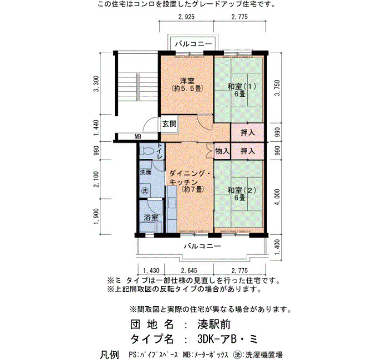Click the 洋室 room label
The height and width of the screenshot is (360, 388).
187,81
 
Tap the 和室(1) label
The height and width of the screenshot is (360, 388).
242,86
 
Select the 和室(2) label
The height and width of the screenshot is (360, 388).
242,191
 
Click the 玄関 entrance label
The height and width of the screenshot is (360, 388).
169,124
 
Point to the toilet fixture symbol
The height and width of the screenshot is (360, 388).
147,151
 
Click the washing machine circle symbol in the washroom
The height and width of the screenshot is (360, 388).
145,191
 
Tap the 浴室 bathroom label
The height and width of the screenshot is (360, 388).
151,217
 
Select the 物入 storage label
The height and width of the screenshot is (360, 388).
222,151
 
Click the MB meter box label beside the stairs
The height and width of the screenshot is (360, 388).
137,136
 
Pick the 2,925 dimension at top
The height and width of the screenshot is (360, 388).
186,17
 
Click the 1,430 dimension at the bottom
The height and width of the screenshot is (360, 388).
151,270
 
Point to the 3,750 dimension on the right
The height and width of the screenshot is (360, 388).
277,88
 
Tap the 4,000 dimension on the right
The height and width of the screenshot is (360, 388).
277,197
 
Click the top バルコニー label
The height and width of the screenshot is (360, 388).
194,44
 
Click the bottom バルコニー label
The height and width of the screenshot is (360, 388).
202,246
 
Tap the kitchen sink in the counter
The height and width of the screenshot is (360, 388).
172,203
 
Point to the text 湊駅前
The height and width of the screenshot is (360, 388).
214,324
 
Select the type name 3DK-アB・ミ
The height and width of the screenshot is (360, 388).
227,339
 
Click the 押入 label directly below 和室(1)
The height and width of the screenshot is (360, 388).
248,132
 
